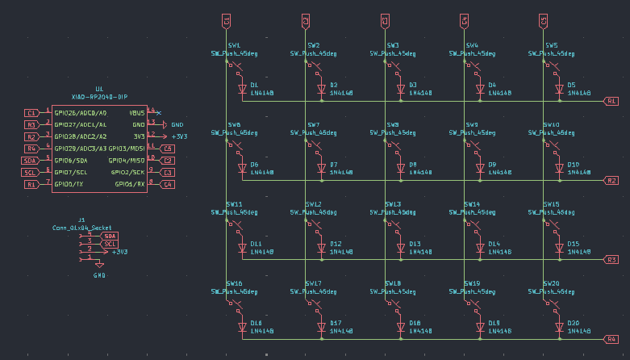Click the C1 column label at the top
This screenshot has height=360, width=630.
tap(227, 20)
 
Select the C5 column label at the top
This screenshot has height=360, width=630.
tap(543, 20)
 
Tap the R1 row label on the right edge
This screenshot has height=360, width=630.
tap(611, 102)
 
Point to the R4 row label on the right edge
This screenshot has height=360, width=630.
tap(611, 339)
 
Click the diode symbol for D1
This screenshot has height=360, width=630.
tap(242, 89)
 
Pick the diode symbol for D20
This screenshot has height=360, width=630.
tap(559, 327)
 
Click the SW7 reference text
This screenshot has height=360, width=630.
tap(313, 124)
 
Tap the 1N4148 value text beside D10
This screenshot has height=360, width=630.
tap(578, 173)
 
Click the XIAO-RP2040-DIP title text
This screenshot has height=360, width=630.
tap(99, 96)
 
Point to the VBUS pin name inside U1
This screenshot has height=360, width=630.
tap(137, 113)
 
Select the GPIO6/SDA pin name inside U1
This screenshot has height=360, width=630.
tap(71, 161)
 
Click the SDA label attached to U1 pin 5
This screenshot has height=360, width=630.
tap(29, 161)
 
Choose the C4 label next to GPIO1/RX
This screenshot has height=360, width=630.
tap(167, 185)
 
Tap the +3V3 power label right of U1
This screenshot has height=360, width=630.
tap(179, 136)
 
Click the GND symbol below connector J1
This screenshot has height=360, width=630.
tap(99, 266)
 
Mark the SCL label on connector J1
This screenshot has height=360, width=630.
tap(111, 244)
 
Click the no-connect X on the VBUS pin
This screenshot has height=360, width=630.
tap(158, 112)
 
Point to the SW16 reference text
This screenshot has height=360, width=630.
tap(234, 283)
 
